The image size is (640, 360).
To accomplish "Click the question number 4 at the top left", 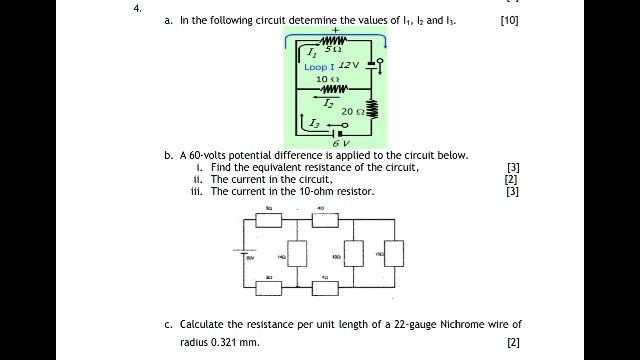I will click(x=136, y=8).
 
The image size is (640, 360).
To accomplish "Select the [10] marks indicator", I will click(x=509, y=20).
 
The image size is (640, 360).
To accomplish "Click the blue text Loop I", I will click(x=319, y=67).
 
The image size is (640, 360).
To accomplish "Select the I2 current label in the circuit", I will click(x=328, y=102).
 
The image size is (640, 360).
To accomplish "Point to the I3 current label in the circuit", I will click(x=316, y=123).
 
